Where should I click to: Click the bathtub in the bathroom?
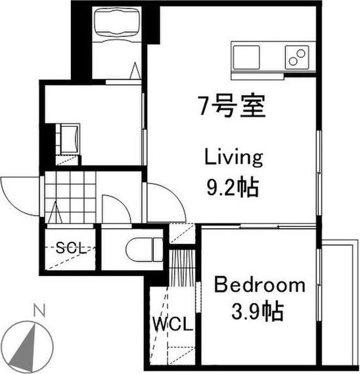pos(117,25)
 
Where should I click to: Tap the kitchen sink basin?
pos(246,57)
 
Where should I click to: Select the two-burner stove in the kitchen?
pos(297,57)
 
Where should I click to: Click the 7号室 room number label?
pos(232,106)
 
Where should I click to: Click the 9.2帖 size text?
pos(233,187)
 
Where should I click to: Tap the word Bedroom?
pos(259,284)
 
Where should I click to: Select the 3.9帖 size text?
pos(258,312)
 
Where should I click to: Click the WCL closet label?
pos(173,323)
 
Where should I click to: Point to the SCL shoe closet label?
pos(71,248)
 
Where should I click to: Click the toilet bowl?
pos(145,250)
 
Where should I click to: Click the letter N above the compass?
pos(39,310)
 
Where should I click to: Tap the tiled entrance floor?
pos(70,197)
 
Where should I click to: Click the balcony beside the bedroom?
pos(338,302)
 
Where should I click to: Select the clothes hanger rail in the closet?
pos(183,268)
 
